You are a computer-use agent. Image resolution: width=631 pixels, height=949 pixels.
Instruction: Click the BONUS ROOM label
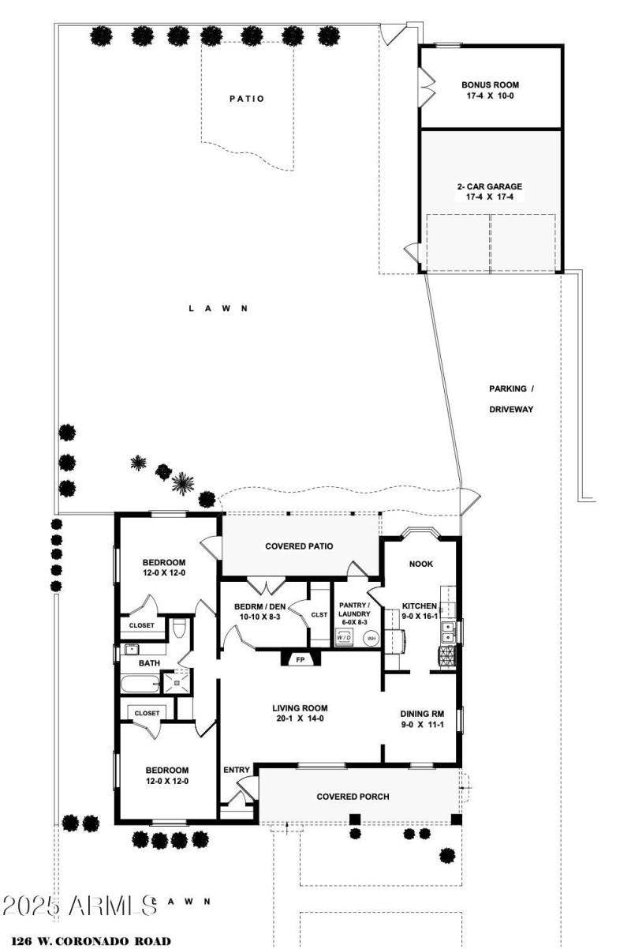(x=490, y=84)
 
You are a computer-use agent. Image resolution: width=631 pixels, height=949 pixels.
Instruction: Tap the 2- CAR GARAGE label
(x=490, y=186)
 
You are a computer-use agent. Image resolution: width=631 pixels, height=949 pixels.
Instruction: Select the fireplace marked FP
(x=300, y=659)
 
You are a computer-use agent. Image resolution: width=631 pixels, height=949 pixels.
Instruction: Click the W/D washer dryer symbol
(x=344, y=638)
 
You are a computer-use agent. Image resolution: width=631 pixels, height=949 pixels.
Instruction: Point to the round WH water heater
(x=372, y=638)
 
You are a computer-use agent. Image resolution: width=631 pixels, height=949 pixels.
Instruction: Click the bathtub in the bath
(x=140, y=684)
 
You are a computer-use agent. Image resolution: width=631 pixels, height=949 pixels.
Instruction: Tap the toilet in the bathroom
(x=178, y=628)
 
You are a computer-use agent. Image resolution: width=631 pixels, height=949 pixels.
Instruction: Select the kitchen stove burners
(x=447, y=656)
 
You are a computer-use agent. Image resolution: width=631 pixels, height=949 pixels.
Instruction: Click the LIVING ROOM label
(x=300, y=708)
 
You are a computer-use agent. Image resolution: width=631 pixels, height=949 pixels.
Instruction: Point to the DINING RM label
(x=422, y=714)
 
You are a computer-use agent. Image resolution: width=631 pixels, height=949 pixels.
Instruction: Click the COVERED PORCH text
(x=353, y=797)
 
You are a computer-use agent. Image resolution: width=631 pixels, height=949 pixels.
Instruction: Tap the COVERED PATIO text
(x=299, y=546)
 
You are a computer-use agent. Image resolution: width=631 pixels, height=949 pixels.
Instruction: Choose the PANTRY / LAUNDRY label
(x=355, y=610)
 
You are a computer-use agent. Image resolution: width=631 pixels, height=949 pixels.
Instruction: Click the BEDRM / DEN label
(x=259, y=606)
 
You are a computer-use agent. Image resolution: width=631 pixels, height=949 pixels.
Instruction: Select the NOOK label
(x=421, y=564)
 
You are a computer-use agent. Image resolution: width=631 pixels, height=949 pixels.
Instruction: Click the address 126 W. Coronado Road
(x=91, y=941)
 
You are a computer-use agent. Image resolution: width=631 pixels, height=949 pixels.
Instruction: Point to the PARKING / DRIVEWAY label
(x=511, y=399)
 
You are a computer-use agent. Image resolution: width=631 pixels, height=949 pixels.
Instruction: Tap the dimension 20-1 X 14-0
(x=300, y=718)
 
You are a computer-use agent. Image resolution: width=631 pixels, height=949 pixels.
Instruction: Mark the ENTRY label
(x=237, y=770)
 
